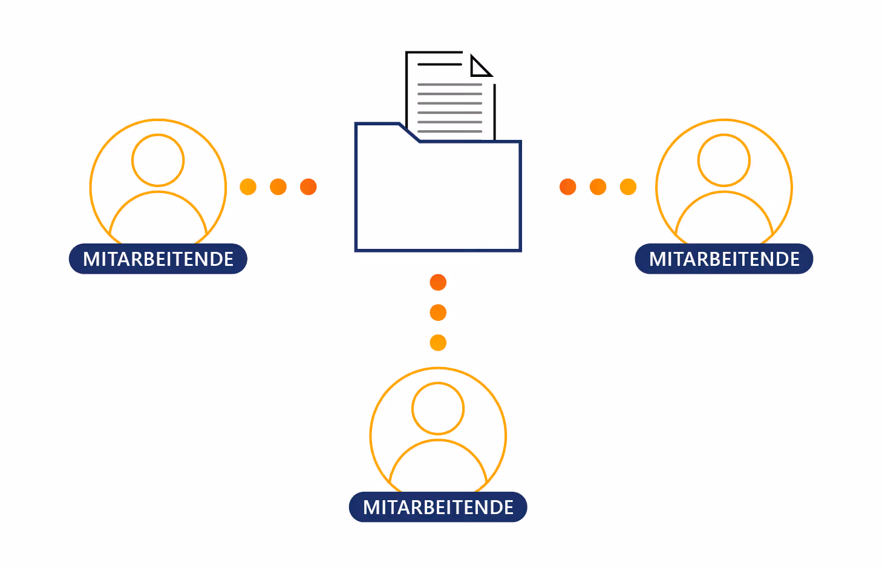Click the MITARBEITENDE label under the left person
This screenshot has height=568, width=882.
158,259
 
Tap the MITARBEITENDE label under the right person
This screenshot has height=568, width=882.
724,259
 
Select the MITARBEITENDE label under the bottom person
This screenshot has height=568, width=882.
438,507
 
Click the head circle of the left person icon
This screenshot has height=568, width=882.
158,160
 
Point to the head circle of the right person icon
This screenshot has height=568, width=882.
724,160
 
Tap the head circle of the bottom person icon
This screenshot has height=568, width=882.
438,409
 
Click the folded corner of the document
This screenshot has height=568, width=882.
480,67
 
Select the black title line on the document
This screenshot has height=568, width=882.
440,64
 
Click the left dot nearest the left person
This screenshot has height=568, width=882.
248,187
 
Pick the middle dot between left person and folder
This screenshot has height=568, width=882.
278,187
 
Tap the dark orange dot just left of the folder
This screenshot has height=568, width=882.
309,187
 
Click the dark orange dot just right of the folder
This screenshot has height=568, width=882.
568,187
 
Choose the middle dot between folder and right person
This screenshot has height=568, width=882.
598,187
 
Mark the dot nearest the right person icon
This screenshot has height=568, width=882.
629,187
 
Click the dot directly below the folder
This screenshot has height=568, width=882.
438,282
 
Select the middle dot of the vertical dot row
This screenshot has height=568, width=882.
438,312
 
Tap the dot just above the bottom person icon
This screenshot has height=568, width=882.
438,343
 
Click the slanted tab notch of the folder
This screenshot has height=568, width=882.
410,133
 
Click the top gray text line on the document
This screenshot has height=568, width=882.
449,85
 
